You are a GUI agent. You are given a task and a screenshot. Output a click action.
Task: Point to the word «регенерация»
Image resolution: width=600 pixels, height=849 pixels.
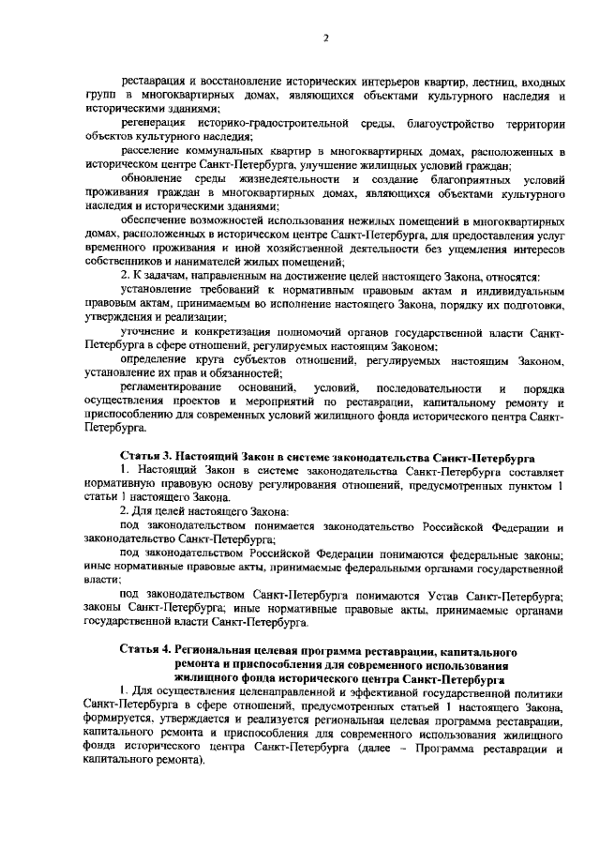tap(155, 124)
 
